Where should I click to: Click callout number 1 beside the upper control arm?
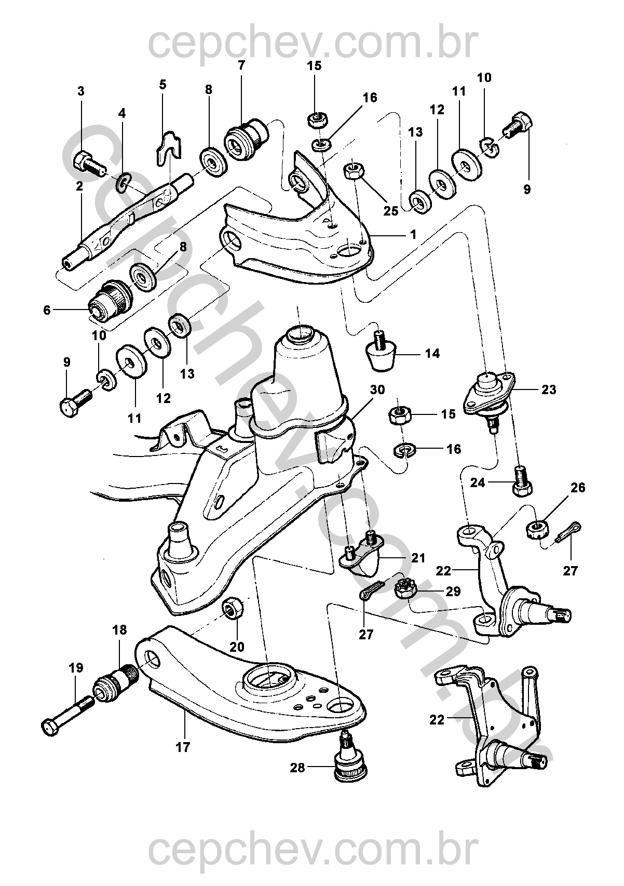click(413, 235)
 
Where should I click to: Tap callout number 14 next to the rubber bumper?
click(432, 354)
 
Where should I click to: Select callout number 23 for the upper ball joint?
click(549, 389)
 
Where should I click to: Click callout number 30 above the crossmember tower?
click(378, 390)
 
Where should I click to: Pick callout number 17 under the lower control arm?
click(183, 747)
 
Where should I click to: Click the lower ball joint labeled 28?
click(349, 761)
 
